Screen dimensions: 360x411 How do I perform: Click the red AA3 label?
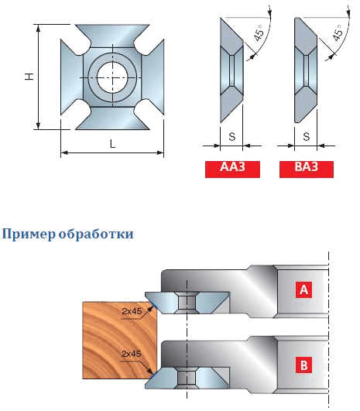(x=232, y=170)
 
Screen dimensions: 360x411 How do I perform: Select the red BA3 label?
(x=307, y=170)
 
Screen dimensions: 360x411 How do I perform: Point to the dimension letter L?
(x=112, y=144)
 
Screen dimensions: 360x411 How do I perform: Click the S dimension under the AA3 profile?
(x=232, y=136)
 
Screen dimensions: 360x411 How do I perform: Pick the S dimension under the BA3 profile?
(x=307, y=136)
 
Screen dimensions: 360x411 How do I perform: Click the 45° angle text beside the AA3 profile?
(x=259, y=33)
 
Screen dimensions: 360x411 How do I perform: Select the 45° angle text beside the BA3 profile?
(x=338, y=33)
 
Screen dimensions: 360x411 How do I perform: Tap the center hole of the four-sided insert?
(x=112, y=77)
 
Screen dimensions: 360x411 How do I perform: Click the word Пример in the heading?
(x=29, y=234)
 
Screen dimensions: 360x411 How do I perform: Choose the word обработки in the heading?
(x=96, y=233)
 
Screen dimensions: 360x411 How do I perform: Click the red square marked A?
(x=303, y=289)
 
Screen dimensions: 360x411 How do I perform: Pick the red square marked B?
(x=303, y=365)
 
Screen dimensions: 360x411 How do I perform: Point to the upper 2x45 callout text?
(x=132, y=311)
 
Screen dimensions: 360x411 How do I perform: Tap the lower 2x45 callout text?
(x=132, y=354)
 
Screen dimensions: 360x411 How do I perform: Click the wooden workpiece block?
(x=120, y=341)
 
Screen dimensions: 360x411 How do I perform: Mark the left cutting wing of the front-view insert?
(x=71, y=77)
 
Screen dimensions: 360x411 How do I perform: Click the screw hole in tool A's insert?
(x=187, y=303)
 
